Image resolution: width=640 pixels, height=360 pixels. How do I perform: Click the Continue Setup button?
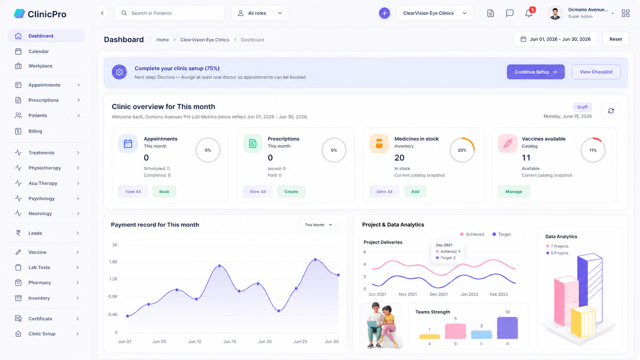point(536,72)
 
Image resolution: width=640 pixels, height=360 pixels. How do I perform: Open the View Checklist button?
point(596,72)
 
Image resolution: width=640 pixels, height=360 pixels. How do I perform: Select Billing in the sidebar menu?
point(35,131)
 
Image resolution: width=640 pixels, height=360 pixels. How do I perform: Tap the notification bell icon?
point(529,13)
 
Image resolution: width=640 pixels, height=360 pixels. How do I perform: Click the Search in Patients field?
point(170,13)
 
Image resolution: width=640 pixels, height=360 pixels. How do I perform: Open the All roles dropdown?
point(260,13)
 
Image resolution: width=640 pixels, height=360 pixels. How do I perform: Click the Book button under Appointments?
point(164,192)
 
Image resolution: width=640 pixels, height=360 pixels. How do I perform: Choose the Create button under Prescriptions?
point(291,192)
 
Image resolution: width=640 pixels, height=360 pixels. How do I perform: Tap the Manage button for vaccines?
point(514,192)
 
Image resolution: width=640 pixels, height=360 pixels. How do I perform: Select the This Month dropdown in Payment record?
point(318,225)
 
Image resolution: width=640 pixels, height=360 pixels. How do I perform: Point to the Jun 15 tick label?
point(230,341)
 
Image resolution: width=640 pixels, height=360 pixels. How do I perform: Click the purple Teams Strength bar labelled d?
point(508,328)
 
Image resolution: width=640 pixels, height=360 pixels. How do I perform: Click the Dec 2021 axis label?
point(439,294)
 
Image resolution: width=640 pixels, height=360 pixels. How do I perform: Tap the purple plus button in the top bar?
point(384,13)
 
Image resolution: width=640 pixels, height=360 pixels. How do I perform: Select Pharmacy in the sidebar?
point(40,283)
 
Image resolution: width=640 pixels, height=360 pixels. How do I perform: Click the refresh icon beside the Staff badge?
point(611,111)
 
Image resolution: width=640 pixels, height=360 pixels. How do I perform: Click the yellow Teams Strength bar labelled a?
point(429,337)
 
